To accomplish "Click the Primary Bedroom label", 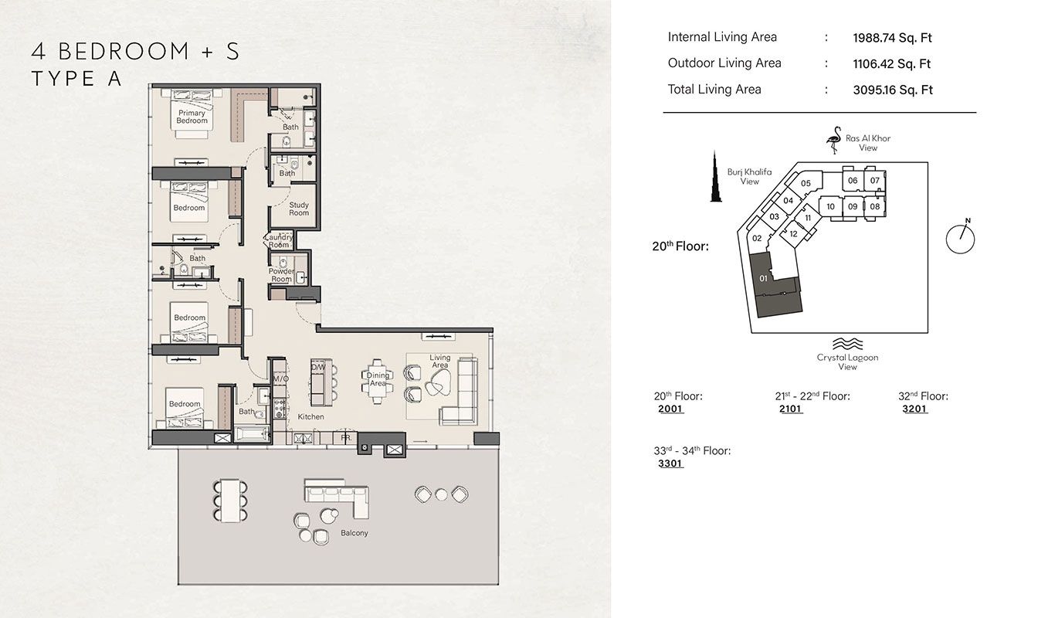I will coord(192,117).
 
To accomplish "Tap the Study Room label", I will coord(299,209).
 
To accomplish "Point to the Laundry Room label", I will coord(279,241).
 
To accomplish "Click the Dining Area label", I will coord(378,379).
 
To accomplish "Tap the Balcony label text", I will coord(354,533).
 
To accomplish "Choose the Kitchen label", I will coord(310,416).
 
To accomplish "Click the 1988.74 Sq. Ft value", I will coord(892,38).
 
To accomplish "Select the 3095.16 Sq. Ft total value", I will coord(892,90).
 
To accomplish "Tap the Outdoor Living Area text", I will coord(724,63).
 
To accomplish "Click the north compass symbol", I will coord(960,237).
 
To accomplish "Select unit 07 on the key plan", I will coord(875,181).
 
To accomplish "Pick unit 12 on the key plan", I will coord(793,234).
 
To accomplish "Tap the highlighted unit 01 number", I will coord(763,277).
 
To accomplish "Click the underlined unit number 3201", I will coord(914,409).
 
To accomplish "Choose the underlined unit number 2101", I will coord(791,409).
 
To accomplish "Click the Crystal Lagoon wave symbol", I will coord(847,345).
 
